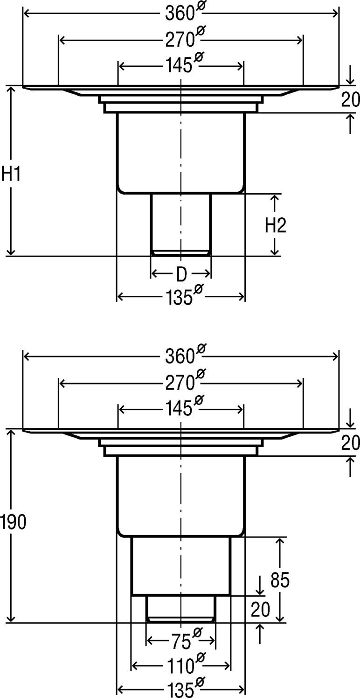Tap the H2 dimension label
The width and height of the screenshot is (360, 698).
275,225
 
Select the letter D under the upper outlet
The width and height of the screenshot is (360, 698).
181,275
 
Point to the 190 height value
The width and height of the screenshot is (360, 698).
13,522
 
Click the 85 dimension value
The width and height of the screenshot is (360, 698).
280,580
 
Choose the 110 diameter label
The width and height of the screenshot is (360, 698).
180,666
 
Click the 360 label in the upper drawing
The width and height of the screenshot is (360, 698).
180,14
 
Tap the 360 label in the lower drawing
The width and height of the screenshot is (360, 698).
180,356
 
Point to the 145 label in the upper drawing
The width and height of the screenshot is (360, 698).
178,66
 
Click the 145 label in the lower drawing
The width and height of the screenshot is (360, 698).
178,409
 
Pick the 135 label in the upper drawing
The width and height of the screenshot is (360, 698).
178,297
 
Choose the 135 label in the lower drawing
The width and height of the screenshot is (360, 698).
178,689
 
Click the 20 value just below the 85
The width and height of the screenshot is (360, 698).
260,609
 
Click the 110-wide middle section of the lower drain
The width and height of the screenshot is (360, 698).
181,565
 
